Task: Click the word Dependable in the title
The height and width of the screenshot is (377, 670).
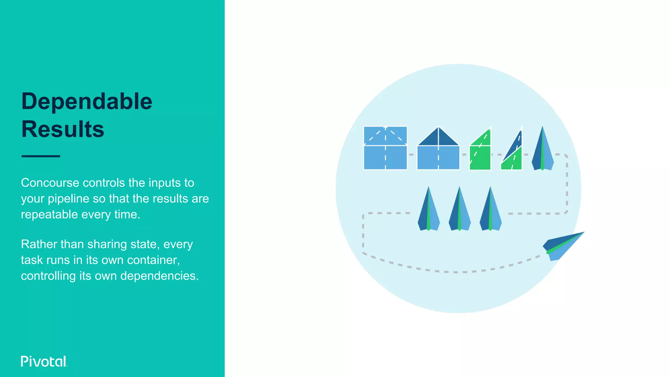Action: (87, 102)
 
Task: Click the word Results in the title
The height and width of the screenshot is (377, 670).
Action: (63, 129)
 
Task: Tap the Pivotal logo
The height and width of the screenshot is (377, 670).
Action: (44, 361)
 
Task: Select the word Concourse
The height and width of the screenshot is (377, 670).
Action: (50, 183)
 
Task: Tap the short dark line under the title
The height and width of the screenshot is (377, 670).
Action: (41, 156)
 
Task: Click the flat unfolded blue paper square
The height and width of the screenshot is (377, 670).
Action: (385, 148)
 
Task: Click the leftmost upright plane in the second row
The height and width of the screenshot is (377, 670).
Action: (429, 209)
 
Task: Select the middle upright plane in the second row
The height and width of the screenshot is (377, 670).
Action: (460, 209)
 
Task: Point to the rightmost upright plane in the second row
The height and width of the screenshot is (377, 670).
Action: (490, 209)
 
